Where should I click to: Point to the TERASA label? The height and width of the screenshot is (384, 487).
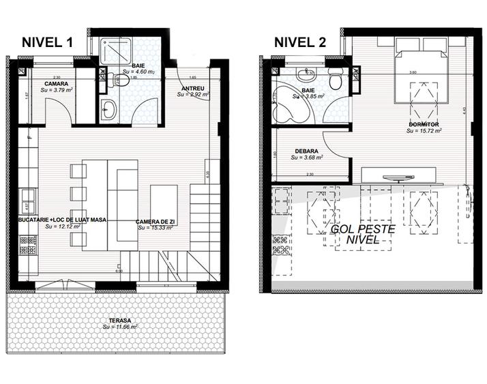[120, 321]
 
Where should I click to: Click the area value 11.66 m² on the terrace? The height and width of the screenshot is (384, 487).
[120, 327]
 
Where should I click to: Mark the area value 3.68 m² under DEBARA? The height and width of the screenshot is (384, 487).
[306, 158]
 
